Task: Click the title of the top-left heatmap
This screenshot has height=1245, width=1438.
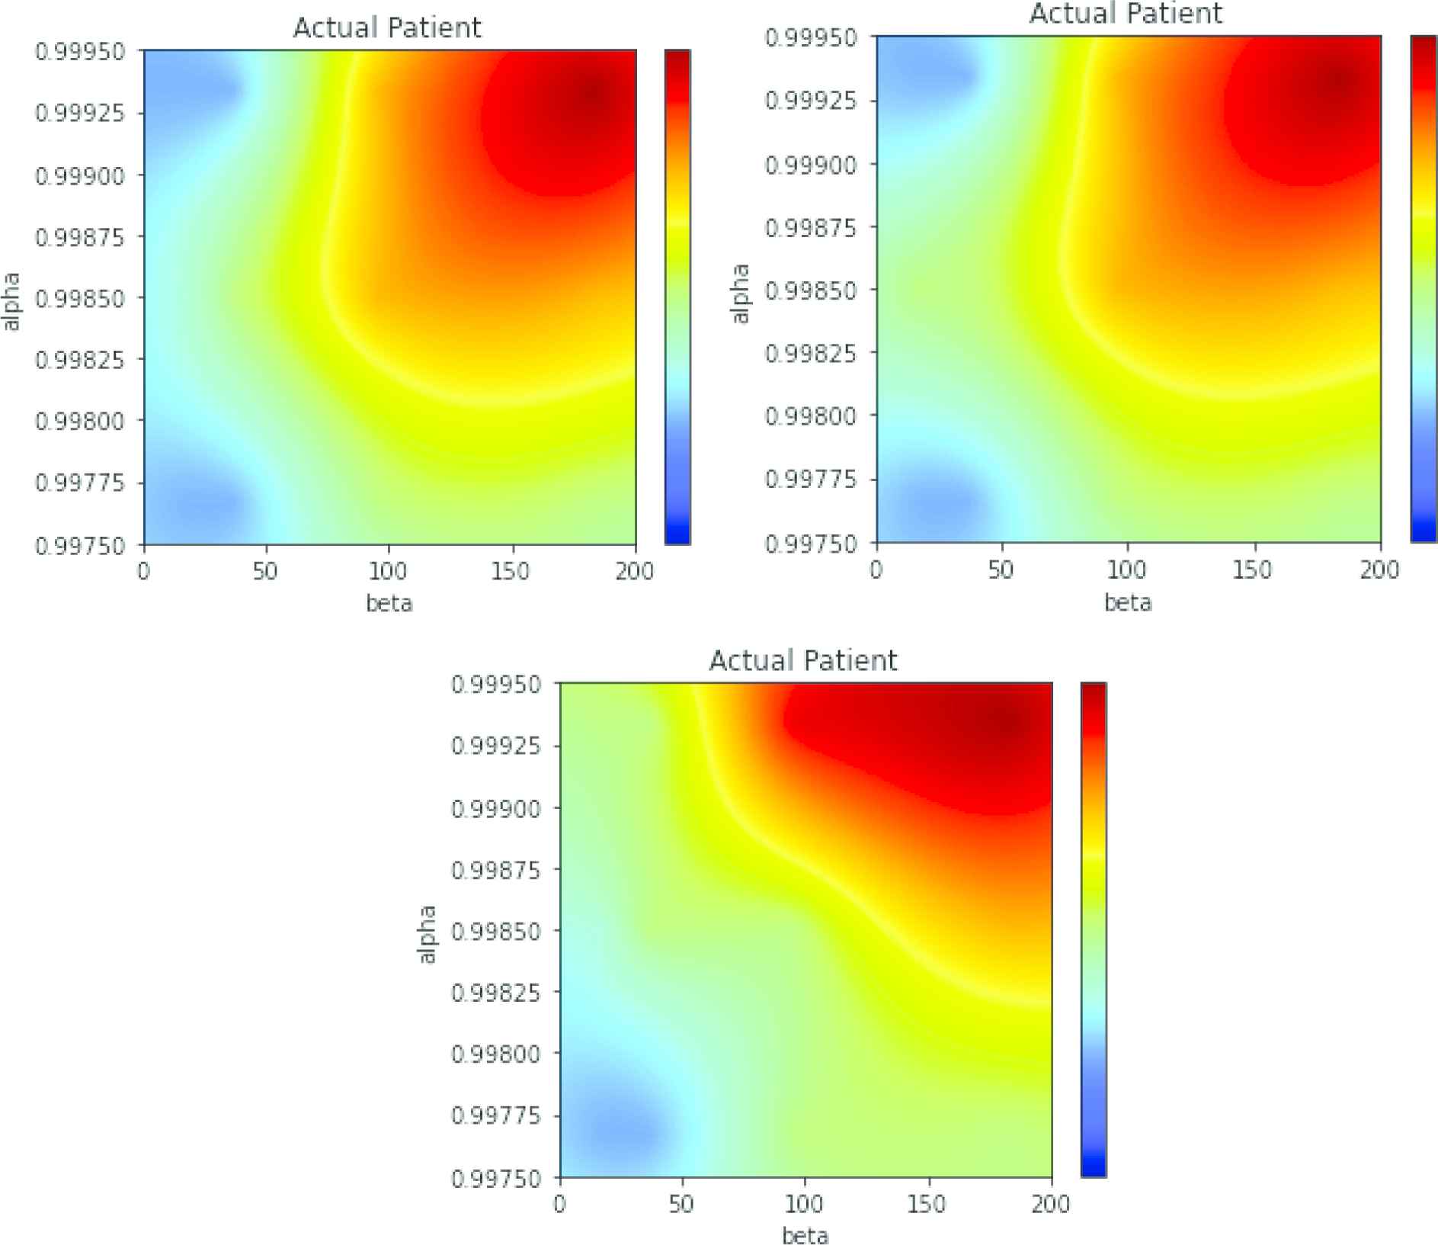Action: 387,28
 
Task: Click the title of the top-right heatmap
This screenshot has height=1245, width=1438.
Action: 1126,14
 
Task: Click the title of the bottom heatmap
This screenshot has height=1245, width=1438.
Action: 803,660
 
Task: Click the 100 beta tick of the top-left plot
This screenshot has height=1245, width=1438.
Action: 388,570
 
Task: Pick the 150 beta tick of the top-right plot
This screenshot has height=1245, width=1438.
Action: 1253,570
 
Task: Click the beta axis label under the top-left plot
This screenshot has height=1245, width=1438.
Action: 389,604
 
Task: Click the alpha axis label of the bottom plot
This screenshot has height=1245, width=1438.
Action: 428,934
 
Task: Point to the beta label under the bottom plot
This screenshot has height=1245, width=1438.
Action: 805,1235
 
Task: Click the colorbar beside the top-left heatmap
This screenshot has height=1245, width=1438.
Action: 677,297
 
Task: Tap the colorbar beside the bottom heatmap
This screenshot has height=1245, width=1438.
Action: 1094,929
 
